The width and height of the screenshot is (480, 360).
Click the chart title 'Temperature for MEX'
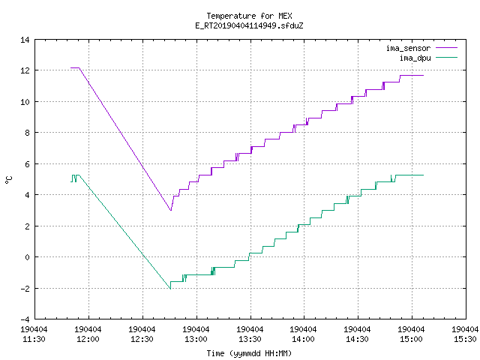click(x=249, y=16)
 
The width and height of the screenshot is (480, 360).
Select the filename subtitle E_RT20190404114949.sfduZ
click(x=249, y=25)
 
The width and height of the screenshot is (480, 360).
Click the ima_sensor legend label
click(x=408, y=48)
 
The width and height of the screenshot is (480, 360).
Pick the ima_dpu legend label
click(x=415, y=58)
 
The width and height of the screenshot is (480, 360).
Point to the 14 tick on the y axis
click(x=25, y=40)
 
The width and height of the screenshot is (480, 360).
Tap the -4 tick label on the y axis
click(x=25, y=319)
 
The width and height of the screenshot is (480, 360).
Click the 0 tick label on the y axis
click(x=27, y=257)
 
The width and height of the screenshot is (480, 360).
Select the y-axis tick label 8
click(x=27, y=133)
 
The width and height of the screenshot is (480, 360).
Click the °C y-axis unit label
click(x=8, y=180)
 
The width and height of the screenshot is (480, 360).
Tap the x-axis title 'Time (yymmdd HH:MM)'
click(x=249, y=353)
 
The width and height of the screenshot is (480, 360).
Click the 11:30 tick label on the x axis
click(x=34, y=334)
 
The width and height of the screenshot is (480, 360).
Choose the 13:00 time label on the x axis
click(x=196, y=334)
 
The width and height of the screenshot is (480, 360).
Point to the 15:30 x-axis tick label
click(x=465, y=334)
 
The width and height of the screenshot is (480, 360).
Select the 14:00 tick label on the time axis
click(x=303, y=334)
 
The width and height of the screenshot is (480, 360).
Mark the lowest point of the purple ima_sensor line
click(x=171, y=210)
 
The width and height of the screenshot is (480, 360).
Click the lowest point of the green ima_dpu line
click(x=170, y=289)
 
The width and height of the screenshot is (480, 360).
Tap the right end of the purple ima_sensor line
click(x=423, y=75)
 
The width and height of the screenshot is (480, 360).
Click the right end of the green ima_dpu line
click(x=423, y=175)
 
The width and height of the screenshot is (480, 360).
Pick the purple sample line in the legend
click(x=446, y=48)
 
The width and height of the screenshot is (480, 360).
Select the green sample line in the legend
click(x=446, y=58)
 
